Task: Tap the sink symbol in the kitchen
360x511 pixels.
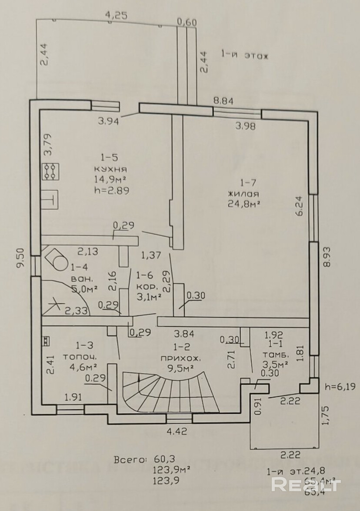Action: click(x=50, y=200)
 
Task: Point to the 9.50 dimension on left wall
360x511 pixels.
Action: click(x=19, y=259)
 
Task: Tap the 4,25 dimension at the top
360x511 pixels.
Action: click(x=116, y=15)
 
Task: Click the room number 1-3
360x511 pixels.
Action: click(x=84, y=346)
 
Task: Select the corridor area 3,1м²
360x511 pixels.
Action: click(x=149, y=297)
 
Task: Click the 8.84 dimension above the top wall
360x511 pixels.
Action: click(x=223, y=101)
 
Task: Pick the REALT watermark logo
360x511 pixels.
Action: click(x=306, y=484)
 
